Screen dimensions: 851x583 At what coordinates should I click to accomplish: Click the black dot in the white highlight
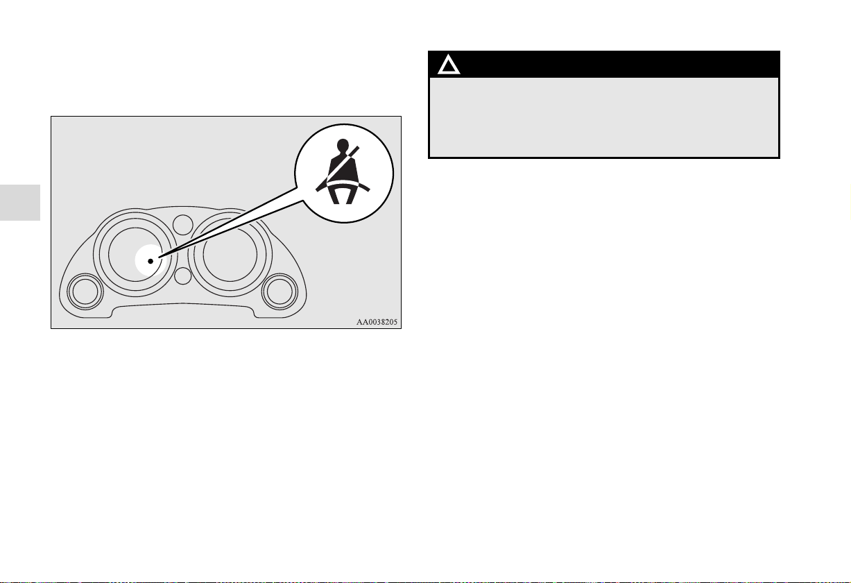click(150, 261)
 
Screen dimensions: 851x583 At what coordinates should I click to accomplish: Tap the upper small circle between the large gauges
click(182, 223)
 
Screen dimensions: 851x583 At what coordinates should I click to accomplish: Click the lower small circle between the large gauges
click(182, 276)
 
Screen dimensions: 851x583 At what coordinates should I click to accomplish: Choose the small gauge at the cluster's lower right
click(279, 291)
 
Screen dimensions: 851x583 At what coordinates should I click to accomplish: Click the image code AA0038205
click(378, 322)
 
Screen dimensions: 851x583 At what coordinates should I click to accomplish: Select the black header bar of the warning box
click(603, 65)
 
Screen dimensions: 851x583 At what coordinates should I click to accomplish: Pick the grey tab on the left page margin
click(20, 203)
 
